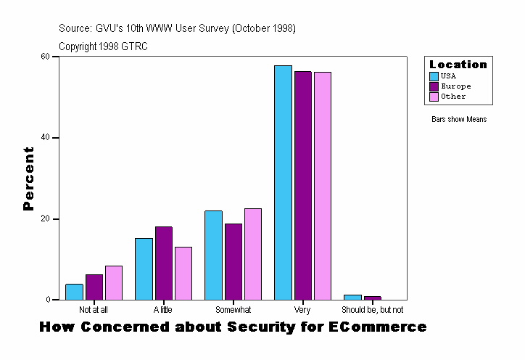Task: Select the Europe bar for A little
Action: point(164,263)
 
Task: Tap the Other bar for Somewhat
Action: point(253,254)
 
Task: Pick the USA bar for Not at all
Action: point(74,292)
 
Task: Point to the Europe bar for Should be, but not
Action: point(373,298)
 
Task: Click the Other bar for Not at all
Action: point(114,282)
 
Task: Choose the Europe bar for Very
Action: point(303,185)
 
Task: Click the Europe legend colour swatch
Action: point(434,86)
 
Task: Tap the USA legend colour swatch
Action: point(434,76)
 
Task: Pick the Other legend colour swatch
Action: point(434,97)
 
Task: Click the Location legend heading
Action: point(458,65)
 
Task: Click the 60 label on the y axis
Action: point(45,57)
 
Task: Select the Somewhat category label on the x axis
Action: point(233,310)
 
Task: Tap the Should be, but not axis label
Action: point(373,310)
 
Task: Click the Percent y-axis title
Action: point(29,179)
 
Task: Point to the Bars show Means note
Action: point(459,119)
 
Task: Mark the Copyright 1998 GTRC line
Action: point(104,46)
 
